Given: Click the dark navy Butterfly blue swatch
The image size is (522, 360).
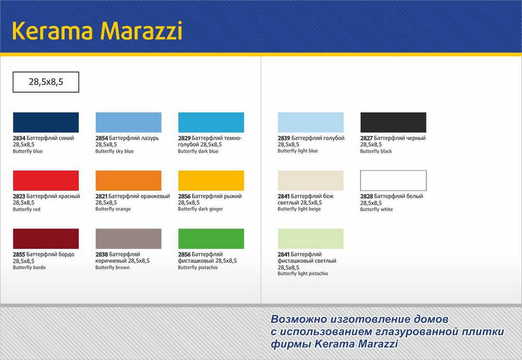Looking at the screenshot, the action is tap(46, 122).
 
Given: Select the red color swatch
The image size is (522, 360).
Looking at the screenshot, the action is tap(46, 181).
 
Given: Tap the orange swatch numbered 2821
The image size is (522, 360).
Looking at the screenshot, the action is tap(128, 181).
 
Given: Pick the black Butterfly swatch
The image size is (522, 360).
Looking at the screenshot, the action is tap(393, 122).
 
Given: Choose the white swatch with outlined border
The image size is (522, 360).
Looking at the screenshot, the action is tap(393, 181).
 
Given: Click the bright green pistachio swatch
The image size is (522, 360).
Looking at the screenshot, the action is tap(211, 239).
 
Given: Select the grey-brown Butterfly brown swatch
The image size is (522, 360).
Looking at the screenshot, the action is tap(128, 239).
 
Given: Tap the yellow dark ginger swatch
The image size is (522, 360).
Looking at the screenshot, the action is tap(211, 181).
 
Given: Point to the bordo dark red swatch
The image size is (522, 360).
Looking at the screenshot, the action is tap(46, 239).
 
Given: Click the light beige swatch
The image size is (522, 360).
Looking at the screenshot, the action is tap(311, 181).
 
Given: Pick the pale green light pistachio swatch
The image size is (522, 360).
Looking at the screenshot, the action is tap(311, 239).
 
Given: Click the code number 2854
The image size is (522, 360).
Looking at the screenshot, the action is tap(102, 138).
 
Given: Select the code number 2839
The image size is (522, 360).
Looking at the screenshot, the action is tap(284, 138).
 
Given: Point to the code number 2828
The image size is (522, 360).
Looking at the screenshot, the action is tap(366, 196).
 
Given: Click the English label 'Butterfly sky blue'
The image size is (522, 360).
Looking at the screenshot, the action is tap(114, 152).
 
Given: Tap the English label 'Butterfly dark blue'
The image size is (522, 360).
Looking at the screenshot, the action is tap(198, 152).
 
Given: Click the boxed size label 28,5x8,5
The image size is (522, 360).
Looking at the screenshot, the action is tap(46, 82).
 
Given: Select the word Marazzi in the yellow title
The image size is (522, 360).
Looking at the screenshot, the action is tap(141, 31).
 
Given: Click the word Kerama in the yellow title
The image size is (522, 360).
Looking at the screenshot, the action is tap(52, 31).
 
